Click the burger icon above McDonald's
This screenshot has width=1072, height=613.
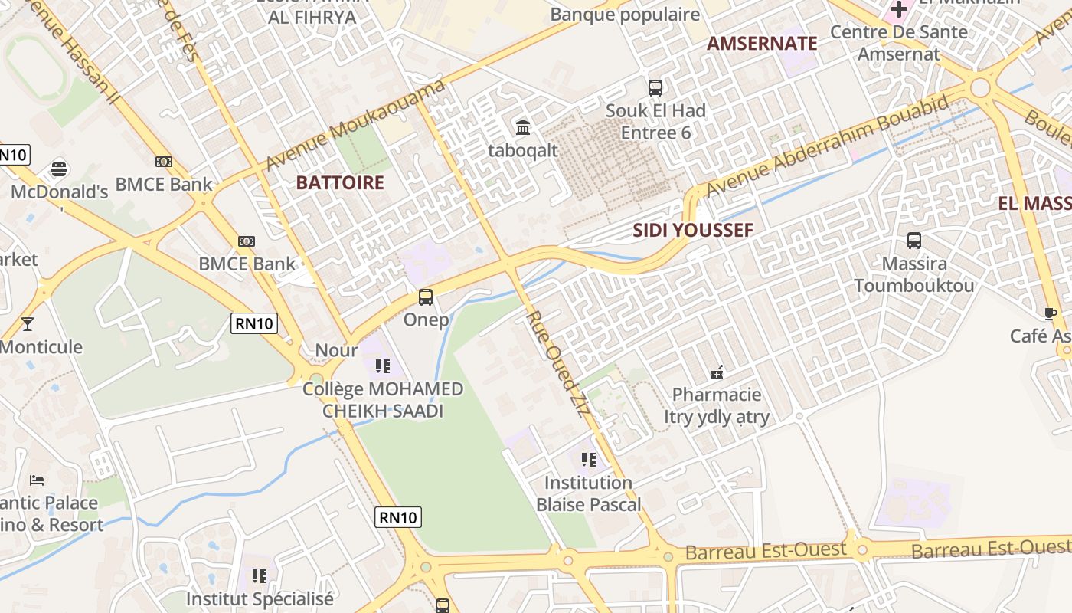point(59,169)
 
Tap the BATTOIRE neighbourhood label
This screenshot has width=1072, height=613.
point(339,182)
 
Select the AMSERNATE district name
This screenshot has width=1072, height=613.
point(762,43)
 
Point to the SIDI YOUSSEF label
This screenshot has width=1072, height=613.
point(693,230)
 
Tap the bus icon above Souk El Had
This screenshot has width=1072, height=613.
point(655,87)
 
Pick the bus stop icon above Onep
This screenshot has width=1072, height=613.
point(426,297)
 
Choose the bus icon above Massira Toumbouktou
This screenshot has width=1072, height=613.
point(913,241)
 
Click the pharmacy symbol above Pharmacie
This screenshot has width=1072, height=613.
point(717,372)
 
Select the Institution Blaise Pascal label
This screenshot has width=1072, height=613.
point(588,493)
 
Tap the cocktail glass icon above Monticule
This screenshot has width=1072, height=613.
point(28,324)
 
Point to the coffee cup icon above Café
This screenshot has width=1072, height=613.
point(1051,313)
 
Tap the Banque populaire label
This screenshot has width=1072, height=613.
point(625,15)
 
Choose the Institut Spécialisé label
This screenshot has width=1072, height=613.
point(260,598)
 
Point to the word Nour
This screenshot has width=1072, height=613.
point(336,350)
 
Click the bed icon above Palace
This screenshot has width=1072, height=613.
point(37,480)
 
